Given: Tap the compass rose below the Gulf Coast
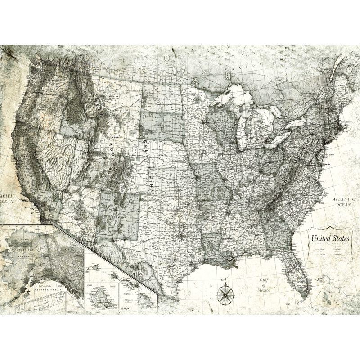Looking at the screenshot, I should pyautogui.click(x=225, y=295).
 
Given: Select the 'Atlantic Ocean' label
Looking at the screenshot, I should pyautogui.click(x=344, y=201).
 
